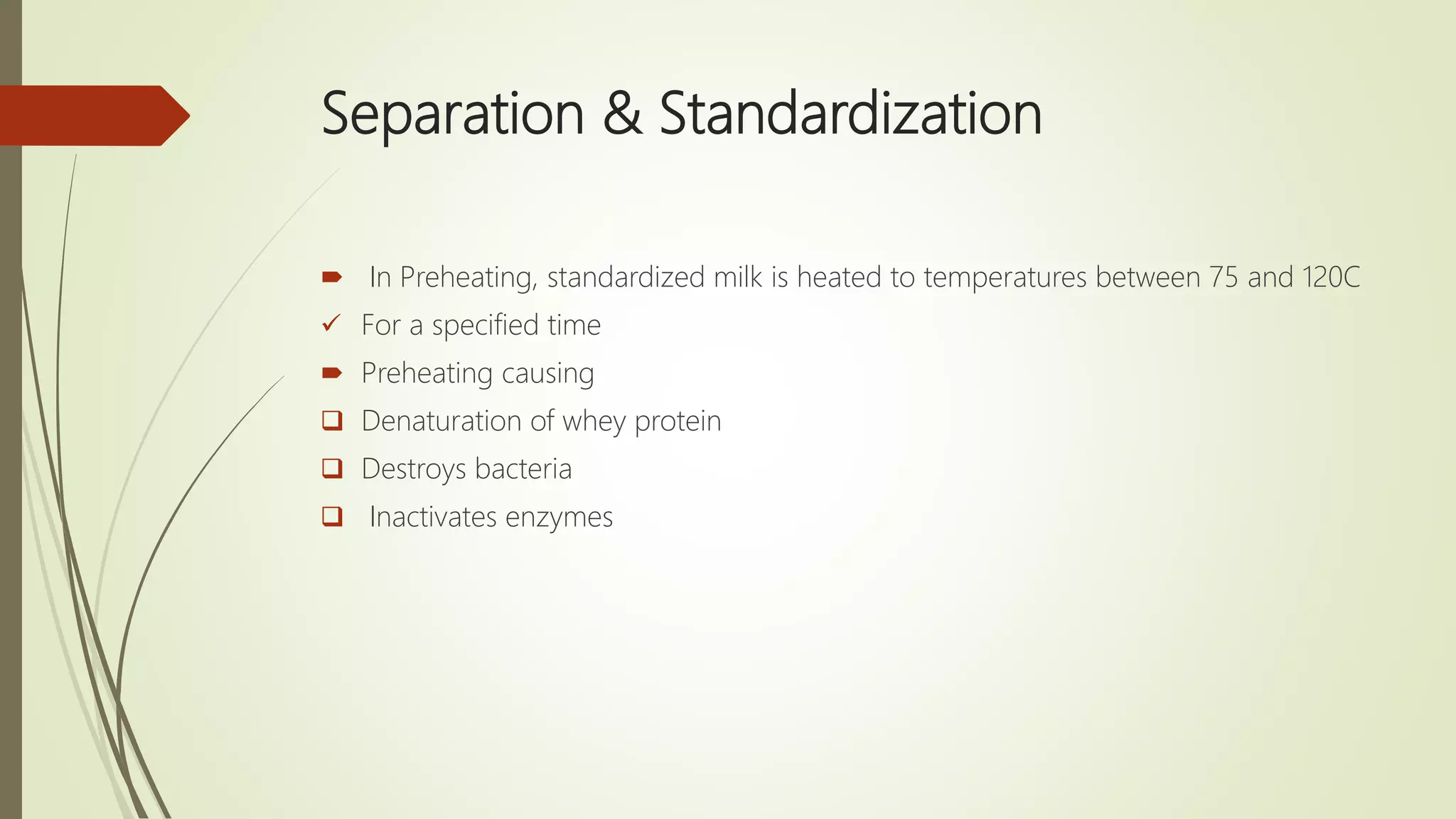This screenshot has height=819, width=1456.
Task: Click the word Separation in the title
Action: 452,114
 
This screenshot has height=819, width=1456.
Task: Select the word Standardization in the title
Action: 850,114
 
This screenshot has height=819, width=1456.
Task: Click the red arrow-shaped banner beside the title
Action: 92,115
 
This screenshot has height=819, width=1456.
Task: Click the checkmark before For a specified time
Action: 331,324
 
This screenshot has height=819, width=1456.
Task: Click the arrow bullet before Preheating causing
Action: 332,373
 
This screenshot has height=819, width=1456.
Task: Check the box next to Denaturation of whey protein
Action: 332,420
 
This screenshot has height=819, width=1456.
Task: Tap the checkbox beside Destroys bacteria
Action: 332,468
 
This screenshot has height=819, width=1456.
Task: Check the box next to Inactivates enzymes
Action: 332,516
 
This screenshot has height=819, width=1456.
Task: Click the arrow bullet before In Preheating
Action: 332,277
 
